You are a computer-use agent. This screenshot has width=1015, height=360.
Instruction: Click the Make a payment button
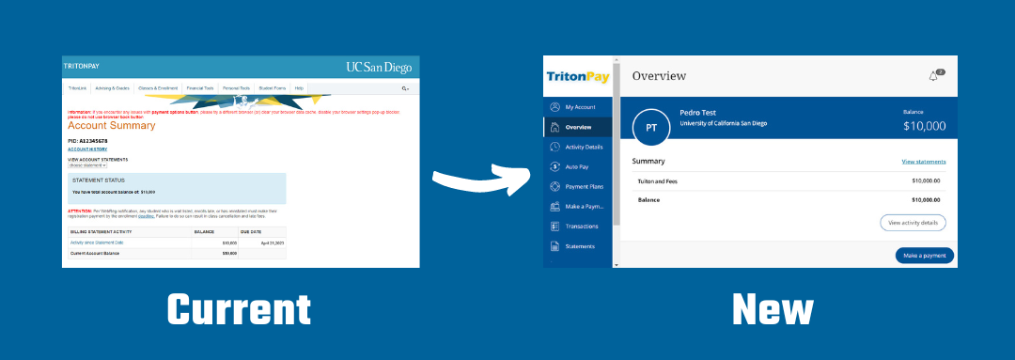924,256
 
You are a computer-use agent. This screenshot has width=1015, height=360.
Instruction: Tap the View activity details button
912,223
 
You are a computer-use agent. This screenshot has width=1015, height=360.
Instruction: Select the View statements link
923,162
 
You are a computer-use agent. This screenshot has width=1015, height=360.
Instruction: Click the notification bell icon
933,76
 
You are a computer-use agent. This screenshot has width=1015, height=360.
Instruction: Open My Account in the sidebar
580,107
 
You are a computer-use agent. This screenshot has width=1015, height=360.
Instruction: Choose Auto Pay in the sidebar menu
577,166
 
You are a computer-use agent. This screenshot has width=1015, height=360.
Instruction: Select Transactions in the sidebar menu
583,226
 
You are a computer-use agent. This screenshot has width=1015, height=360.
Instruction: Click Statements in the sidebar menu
579,246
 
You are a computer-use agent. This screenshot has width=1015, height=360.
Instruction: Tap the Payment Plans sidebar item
584,186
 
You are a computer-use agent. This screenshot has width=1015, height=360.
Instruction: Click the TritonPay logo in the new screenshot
578,75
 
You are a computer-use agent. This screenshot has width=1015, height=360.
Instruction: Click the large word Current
239,309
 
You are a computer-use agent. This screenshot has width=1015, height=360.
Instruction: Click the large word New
773,309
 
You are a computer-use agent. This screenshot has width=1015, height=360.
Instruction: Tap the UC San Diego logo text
379,68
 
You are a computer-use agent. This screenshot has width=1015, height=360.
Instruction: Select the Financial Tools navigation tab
199,87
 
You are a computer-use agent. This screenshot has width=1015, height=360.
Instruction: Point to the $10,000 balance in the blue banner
924,125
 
